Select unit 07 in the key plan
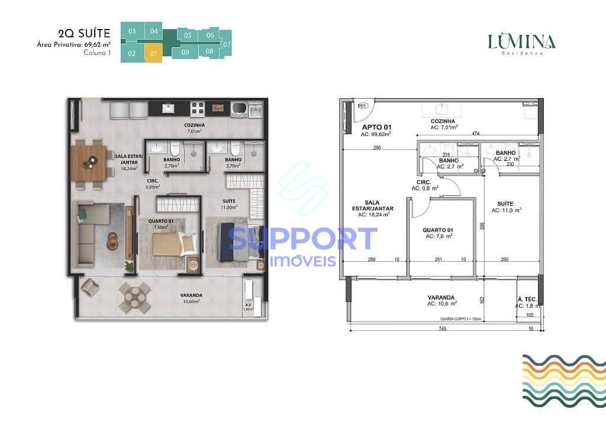click(x=227, y=44)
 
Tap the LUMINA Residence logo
click(x=521, y=44)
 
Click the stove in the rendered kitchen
click(x=198, y=109)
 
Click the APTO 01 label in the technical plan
click(x=376, y=127)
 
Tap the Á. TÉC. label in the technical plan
click(x=527, y=300)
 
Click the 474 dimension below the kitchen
click(x=476, y=134)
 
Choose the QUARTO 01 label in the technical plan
click(x=439, y=230)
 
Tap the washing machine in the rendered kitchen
click(x=240, y=109)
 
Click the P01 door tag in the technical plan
click(x=363, y=106)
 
